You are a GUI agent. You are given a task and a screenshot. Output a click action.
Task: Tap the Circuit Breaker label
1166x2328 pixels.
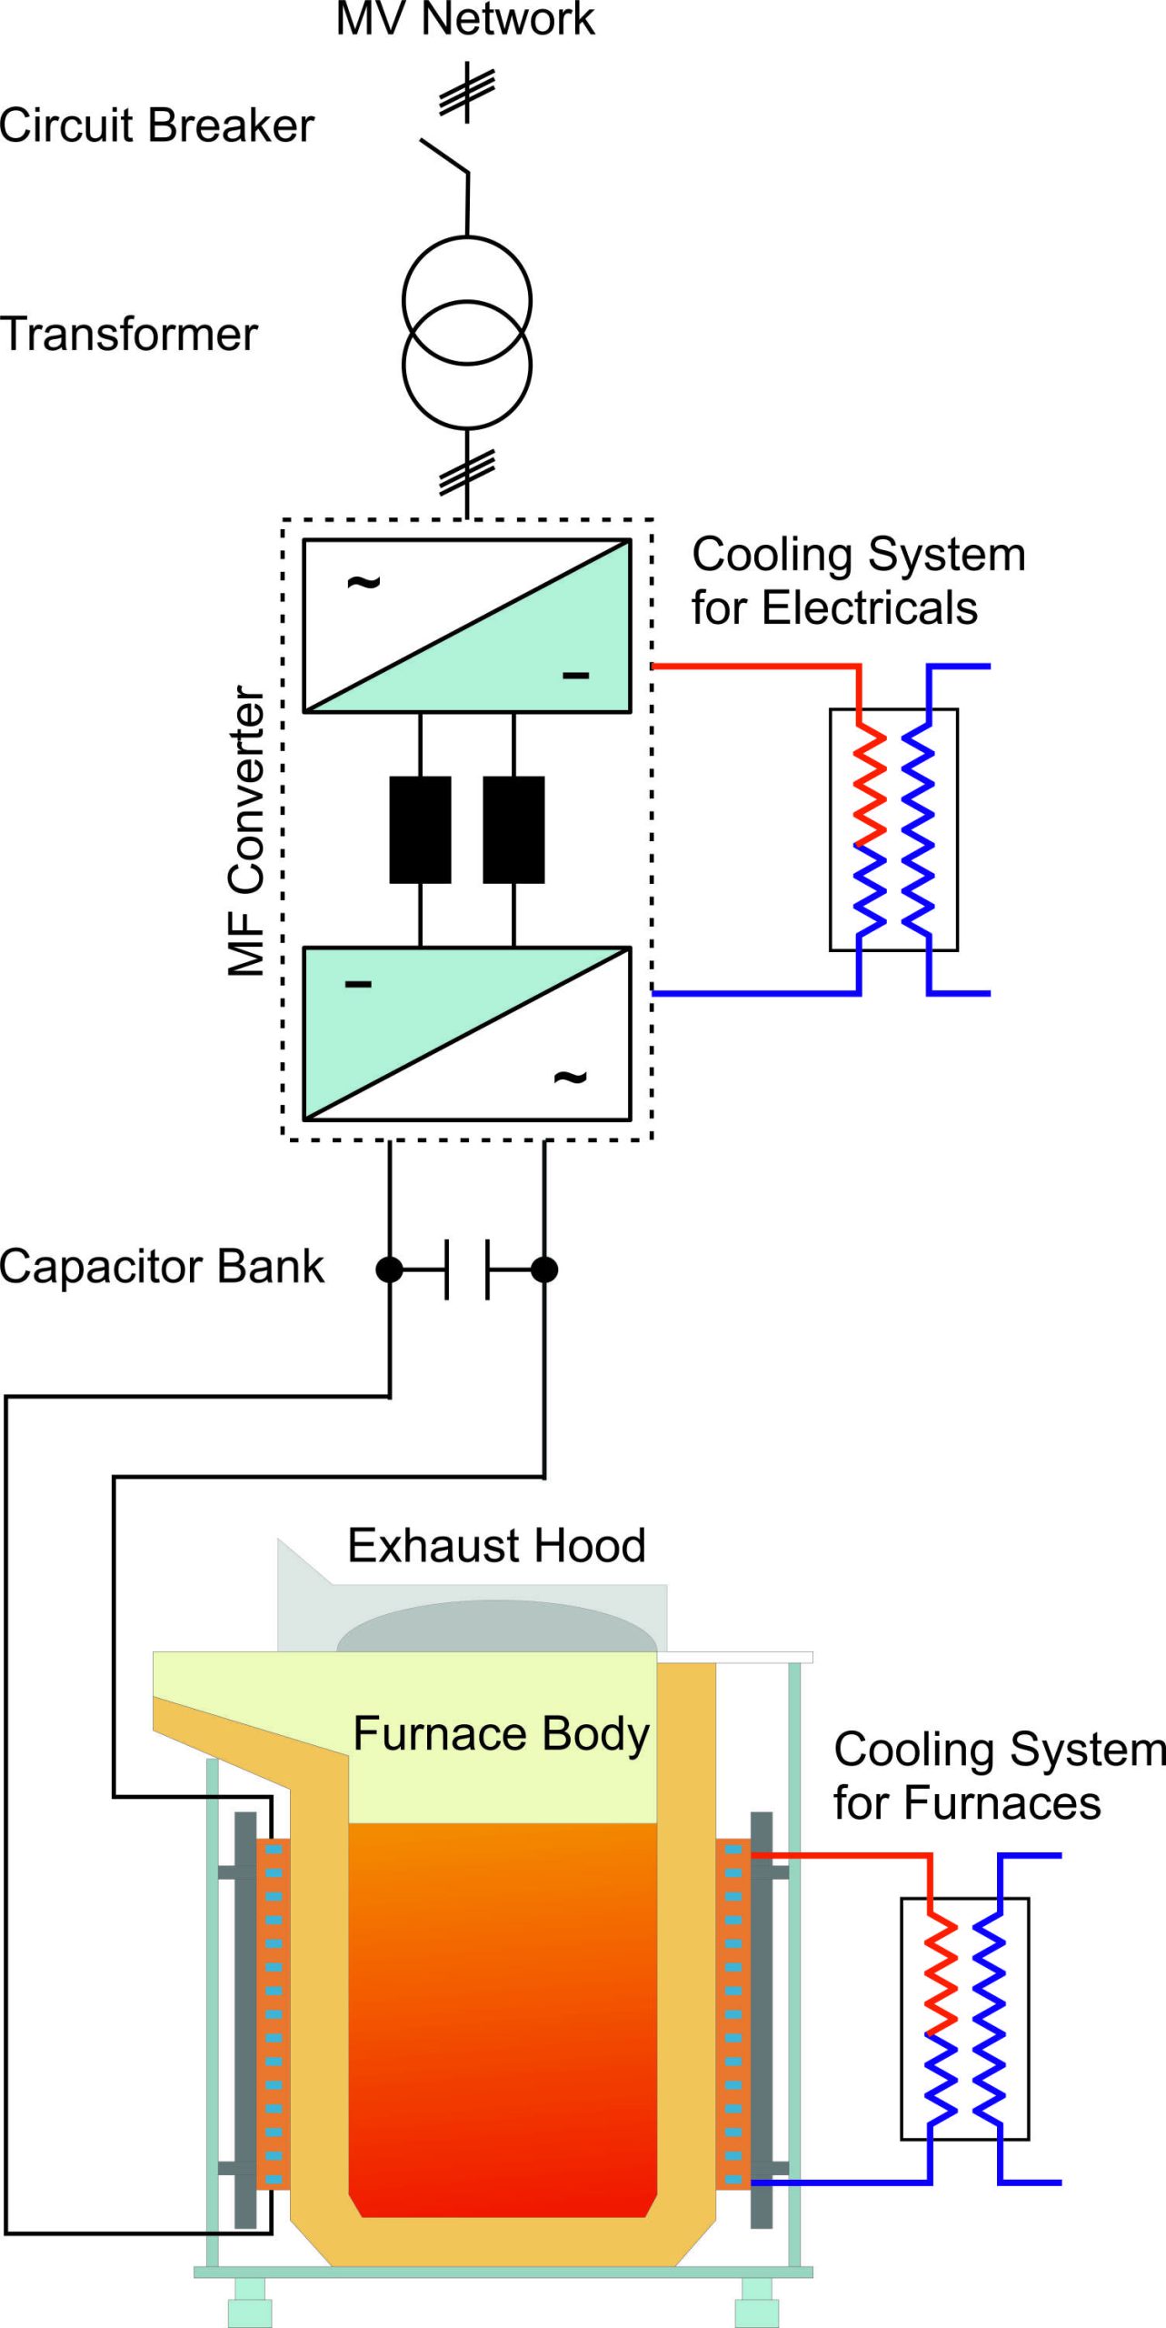[x=156, y=125]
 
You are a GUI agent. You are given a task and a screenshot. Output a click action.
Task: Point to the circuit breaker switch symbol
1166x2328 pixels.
[x=445, y=156]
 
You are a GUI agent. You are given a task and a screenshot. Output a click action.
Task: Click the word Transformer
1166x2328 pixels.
[x=129, y=335]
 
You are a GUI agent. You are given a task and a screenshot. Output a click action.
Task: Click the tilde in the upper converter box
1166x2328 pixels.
[x=364, y=581]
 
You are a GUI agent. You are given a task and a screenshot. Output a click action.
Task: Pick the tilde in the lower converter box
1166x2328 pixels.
[x=570, y=1078]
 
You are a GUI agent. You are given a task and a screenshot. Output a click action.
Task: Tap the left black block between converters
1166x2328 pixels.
[x=420, y=829]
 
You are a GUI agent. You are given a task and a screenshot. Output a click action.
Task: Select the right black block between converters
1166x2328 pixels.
[x=513, y=829]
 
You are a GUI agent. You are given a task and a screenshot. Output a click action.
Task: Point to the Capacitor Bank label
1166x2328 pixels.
[x=162, y=1267]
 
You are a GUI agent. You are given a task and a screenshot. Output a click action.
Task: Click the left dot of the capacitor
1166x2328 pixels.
[x=390, y=1269]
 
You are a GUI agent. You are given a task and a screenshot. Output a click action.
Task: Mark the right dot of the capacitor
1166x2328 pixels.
[x=544, y=1269]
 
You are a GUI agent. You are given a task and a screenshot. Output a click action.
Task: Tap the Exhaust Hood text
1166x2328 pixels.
[x=496, y=1546]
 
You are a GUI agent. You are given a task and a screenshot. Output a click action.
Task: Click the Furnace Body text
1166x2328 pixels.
[x=501, y=1733]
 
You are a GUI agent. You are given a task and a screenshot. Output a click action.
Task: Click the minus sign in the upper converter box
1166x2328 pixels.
[x=575, y=676]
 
